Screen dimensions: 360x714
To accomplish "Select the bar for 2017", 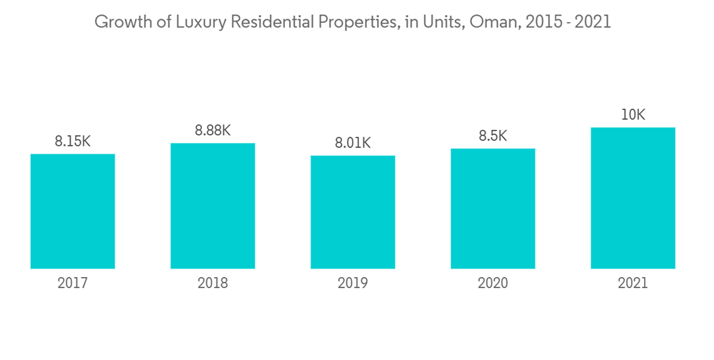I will (73, 211).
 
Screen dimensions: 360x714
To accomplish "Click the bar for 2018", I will (213, 206).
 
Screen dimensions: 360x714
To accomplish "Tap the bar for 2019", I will (353, 212).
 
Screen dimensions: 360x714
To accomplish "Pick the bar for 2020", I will (493, 209).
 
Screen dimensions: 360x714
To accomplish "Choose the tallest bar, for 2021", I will (633, 198).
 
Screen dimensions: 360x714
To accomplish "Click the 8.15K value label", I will (73, 141).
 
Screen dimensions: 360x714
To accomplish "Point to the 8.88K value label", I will (213, 131).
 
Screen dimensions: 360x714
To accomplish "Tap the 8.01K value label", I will (353, 143).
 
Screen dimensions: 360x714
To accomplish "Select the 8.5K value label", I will (493, 136).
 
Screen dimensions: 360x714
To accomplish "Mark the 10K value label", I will (633, 114).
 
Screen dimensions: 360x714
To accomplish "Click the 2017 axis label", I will (73, 284).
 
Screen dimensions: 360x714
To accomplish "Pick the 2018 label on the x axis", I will (213, 284).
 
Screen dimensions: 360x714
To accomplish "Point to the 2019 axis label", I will (353, 284).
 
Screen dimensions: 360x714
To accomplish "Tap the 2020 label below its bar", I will (493, 284).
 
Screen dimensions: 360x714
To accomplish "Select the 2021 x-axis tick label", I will (633, 284).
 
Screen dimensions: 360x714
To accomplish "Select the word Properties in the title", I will (358, 22).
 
